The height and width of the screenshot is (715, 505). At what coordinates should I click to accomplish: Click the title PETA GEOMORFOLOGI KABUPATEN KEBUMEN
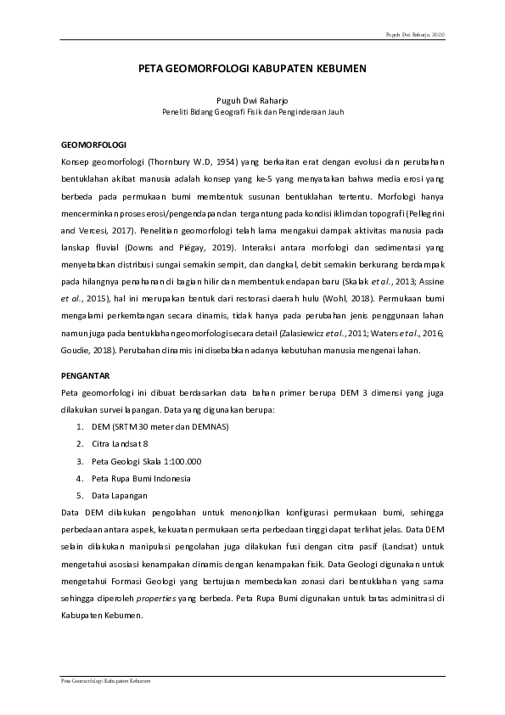pyautogui.click(x=252, y=73)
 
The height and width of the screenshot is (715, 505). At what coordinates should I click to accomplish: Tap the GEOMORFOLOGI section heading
pyautogui.click(x=94, y=144)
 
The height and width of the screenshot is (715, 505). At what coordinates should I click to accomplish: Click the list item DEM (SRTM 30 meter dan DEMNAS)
pyautogui.click(x=159, y=426)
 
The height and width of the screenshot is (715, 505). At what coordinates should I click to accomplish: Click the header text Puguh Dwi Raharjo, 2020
pyautogui.click(x=415, y=35)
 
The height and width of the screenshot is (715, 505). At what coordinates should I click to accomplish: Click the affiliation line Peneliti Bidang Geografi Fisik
pyautogui.click(x=252, y=111)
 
